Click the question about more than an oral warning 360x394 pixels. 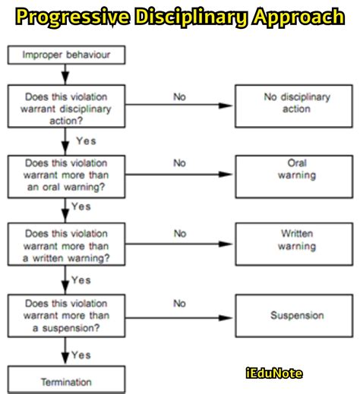click(x=66, y=175)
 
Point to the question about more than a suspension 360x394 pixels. click(x=66, y=315)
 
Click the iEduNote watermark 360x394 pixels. click(x=274, y=373)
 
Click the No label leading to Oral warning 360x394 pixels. click(x=180, y=162)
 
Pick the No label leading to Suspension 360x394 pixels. click(x=180, y=304)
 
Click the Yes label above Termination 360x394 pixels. click(x=81, y=355)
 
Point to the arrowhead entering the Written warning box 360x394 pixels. click(x=230, y=244)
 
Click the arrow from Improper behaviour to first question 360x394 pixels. click(x=67, y=74)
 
